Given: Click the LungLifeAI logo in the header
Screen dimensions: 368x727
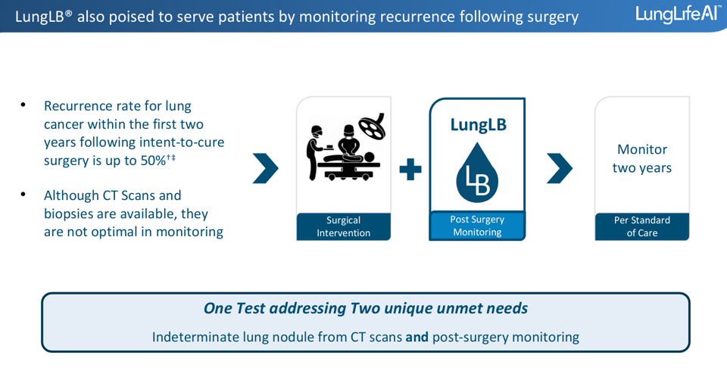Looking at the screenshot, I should tap(678, 14).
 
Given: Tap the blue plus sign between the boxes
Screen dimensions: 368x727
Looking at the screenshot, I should tap(410, 169).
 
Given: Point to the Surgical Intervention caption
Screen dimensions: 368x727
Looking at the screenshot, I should tap(344, 226).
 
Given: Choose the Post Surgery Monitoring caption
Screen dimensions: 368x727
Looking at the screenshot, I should tap(477, 226).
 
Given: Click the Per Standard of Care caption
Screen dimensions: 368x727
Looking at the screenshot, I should tap(641, 226).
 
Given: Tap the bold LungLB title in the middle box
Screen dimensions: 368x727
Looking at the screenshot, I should tap(478, 125).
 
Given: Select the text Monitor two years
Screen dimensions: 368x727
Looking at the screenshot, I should tap(642, 158).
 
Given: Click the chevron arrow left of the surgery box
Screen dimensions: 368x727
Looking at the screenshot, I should tap(265, 169).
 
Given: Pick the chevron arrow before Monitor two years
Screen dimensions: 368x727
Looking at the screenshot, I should tap(559, 169).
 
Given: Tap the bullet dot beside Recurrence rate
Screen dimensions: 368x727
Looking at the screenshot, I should tap(23, 105).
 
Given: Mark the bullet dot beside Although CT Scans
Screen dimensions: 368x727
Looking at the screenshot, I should tap(23, 195).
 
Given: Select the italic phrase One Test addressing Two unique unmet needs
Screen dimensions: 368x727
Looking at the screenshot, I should tap(365, 308).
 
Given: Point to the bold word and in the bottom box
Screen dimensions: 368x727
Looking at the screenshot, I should tap(417, 337).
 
